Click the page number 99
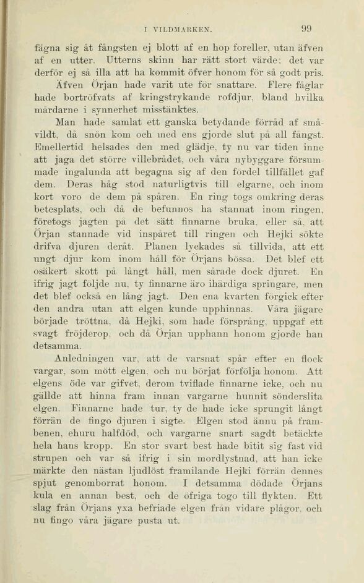306,28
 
